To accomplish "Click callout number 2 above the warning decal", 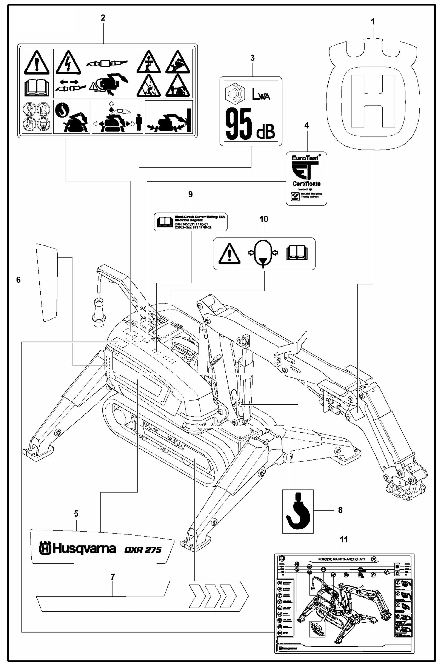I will pos(103,18).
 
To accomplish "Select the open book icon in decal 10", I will pos(297,253).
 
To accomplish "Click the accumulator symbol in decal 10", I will pos(263,253).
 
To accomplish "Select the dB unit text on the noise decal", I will pos(265,132).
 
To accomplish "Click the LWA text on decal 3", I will pos(261,96).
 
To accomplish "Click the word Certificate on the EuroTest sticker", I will pos(306,184).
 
